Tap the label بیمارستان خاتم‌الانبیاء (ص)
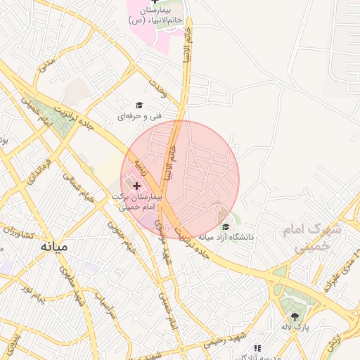point(155,16)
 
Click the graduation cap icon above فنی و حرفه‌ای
point(139,105)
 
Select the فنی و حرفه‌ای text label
point(143,115)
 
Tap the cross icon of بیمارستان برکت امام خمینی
point(136,186)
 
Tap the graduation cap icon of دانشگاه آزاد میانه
point(225,226)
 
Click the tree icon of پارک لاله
point(295,316)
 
